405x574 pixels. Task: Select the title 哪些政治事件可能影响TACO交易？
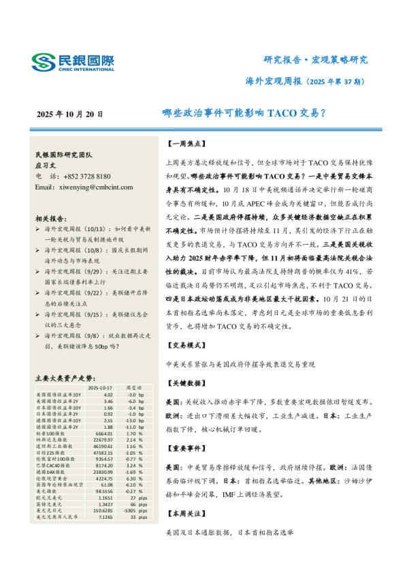coord(244,113)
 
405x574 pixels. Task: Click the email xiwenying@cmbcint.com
coord(84,187)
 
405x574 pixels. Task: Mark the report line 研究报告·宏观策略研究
coord(315,60)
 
